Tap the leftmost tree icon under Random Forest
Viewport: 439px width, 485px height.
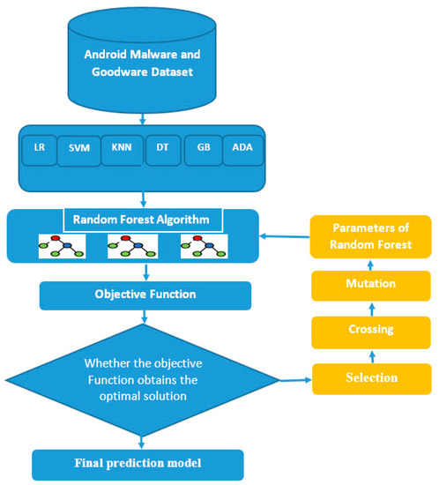point(60,247)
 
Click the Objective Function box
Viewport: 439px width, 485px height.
point(145,295)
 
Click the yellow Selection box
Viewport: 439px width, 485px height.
point(369,377)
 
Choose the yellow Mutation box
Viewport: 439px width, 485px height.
point(369,285)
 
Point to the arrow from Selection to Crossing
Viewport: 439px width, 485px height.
point(369,354)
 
